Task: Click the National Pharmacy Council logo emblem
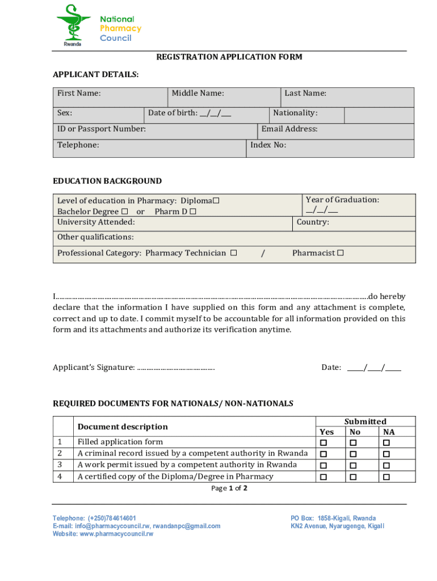pos(73,24)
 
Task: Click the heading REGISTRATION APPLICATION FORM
pos(229,57)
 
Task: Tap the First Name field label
pos(79,93)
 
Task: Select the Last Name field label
pos(305,93)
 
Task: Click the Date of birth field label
pos(190,113)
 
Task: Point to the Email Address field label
pos(289,129)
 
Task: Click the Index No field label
pos(268,145)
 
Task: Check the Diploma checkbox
pos(216,201)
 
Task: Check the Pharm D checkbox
pos(193,212)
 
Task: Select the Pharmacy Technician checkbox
pos(233,253)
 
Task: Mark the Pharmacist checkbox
pos(341,253)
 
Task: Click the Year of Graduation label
pos(342,200)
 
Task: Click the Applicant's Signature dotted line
pos(176,368)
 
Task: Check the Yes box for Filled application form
pos(324,443)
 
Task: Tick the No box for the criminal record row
pos(354,454)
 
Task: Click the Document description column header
pos(123,427)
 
